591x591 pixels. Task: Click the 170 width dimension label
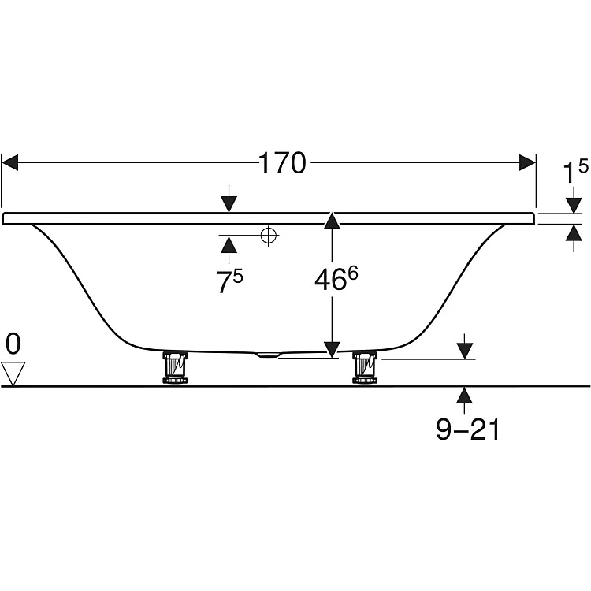coord(282,163)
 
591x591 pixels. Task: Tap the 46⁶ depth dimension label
coord(336,278)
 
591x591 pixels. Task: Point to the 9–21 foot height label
coord(468,429)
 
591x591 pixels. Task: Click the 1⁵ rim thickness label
coord(575,171)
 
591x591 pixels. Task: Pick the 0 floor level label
coord(13,344)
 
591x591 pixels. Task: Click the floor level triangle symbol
coord(13,374)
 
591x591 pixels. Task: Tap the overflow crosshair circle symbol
coord(269,236)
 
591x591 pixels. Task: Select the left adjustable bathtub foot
coord(175,367)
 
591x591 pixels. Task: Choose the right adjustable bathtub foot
coord(365,367)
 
